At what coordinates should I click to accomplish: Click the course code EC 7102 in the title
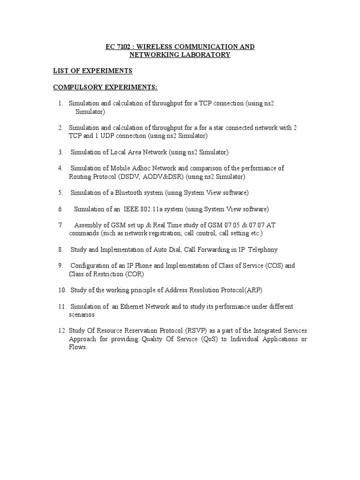point(119,47)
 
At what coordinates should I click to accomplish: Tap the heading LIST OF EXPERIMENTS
point(92,71)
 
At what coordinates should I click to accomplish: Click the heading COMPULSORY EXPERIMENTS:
point(105,87)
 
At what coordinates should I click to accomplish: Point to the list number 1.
point(60,103)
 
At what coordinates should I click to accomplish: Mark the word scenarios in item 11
point(82,315)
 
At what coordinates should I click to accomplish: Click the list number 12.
point(62,331)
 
